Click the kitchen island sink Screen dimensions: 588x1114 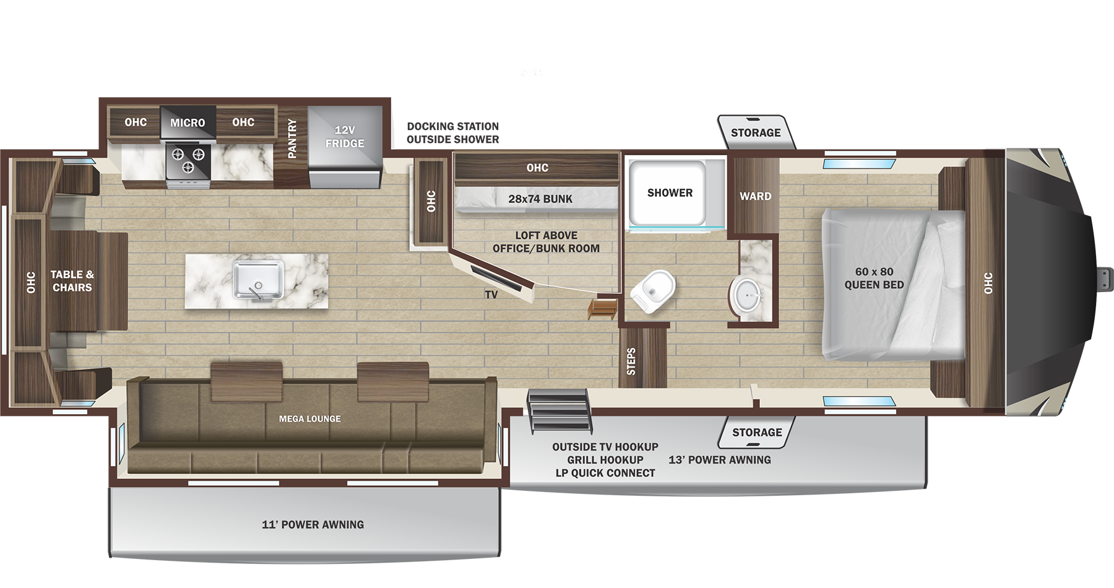[259, 281]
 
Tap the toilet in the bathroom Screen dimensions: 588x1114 [655, 290]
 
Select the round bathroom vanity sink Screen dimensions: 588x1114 [748, 295]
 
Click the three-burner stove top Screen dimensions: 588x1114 [188, 160]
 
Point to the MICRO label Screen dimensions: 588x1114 [188, 123]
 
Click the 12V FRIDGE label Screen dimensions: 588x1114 [345, 137]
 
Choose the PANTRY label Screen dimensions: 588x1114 [292, 139]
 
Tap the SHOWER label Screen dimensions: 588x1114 [670, 193]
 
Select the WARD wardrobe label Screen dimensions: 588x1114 [755, 196]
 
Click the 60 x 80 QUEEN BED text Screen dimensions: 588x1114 [874, 279]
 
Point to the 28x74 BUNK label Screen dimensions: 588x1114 [540, 199]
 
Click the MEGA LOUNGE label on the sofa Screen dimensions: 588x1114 [309, 419]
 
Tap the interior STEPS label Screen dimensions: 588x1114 [631, 361]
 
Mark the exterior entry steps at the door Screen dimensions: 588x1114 [559, 410]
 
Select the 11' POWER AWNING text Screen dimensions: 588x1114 [313, 525]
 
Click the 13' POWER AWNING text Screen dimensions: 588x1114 [720, 460]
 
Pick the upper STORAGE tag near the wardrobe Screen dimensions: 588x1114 [755, 132]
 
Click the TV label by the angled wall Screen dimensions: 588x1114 [491, 295]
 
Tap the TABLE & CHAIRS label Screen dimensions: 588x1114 [72, 281]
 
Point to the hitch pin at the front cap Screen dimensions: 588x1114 [1105, 279]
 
